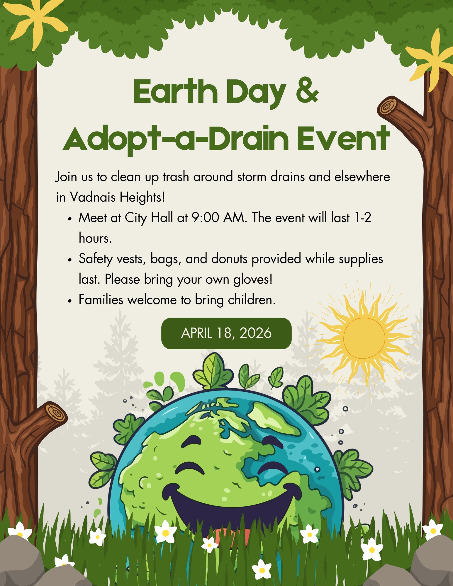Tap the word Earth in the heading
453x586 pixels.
tap(175, 91)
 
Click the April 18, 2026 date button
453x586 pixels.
tap(226, 333)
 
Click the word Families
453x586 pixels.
tap(101, 300)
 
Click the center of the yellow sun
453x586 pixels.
tap(364, 338)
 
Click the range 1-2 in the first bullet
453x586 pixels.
tap(363, 218)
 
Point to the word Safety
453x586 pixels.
tap(96, 259)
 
